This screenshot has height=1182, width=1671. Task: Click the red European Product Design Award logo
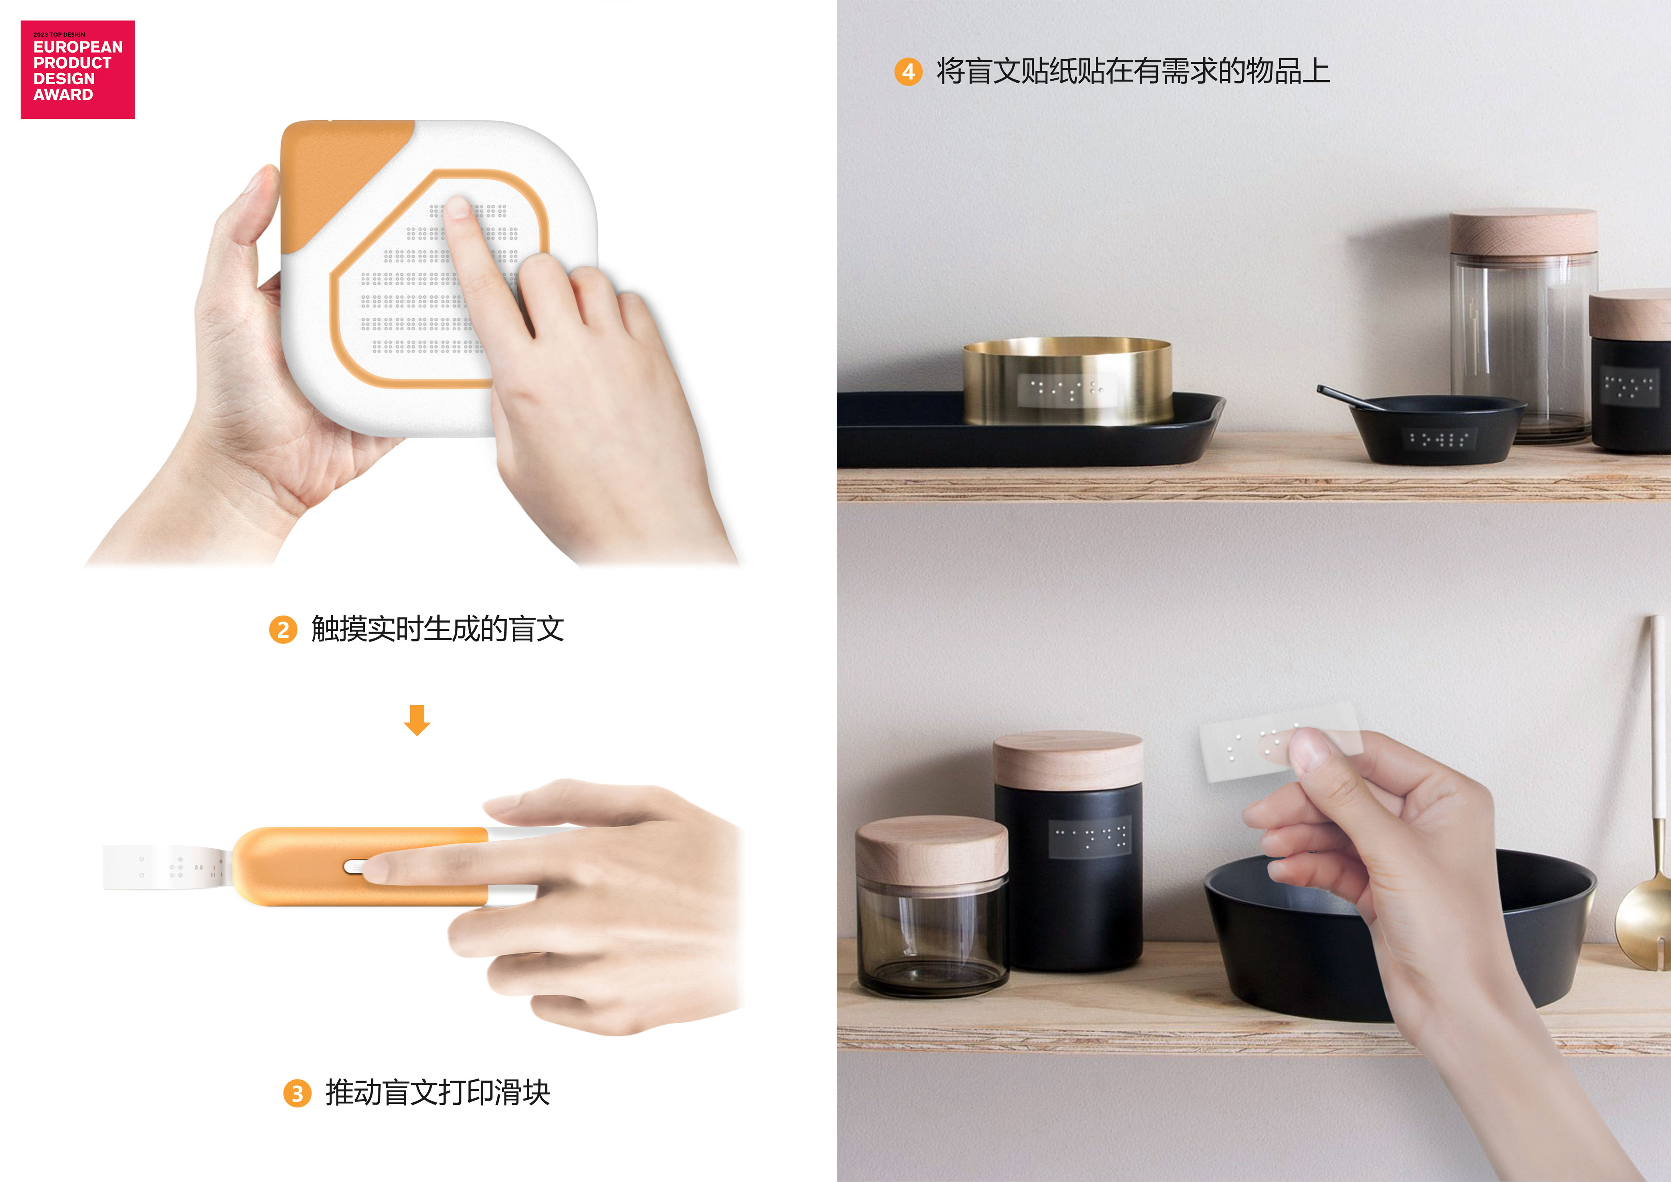click(77, 69)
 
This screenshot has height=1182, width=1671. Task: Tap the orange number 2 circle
click(283, 629)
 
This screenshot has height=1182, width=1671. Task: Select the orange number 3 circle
click(297, 1093)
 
